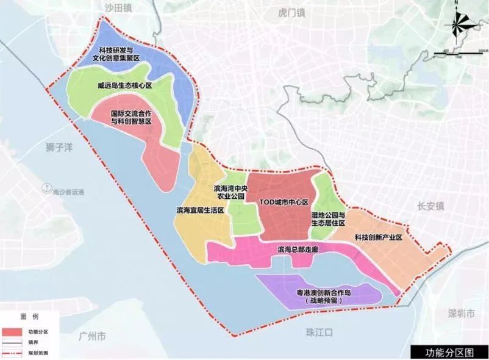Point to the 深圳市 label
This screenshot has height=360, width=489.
click(460, 314)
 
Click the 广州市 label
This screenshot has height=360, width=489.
click(93, 336)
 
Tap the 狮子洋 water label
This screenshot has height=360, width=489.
click(60, 147)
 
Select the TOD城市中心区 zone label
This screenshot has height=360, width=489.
click(284, 201)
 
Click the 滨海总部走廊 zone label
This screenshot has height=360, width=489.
click(299, 250)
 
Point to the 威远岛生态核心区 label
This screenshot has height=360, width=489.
click(124, 86)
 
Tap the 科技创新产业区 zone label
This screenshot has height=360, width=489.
click(379, 237)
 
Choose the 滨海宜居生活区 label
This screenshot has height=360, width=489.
click(201, 210)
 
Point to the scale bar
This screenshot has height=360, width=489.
click(460, 54)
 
